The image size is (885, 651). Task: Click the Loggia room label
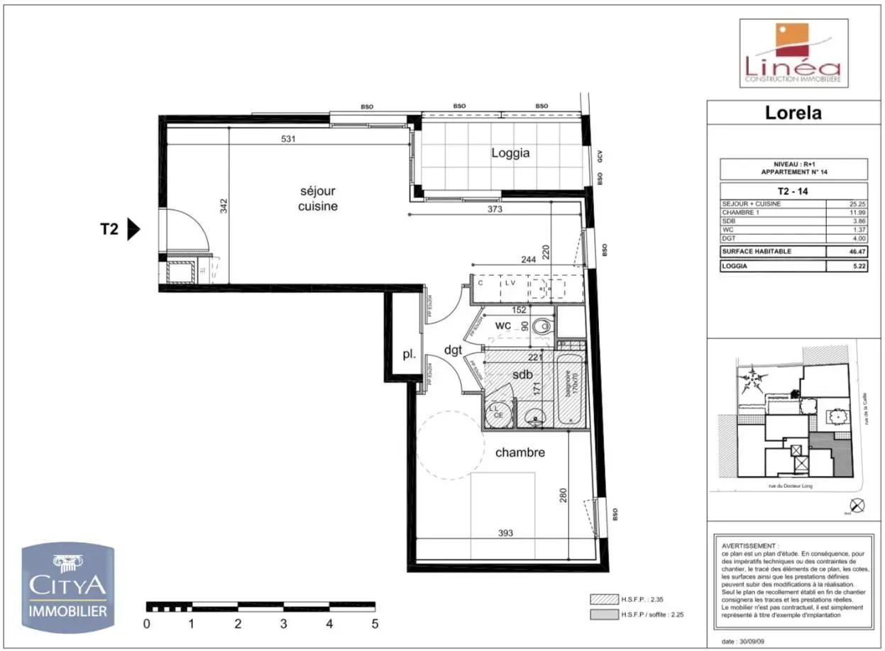[510, 152]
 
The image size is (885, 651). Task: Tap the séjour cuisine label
[317, 199]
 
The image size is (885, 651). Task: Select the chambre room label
[520, 452]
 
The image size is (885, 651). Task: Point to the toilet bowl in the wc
[542, 327]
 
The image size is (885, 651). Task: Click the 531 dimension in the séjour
[288, 139]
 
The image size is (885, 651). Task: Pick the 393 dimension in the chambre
[505, 533]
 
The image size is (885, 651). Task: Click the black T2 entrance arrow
[133, 230]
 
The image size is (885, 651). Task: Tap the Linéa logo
[793, 53]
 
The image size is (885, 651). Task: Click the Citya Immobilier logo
[67, 587]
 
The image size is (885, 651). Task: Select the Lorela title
[793, 113]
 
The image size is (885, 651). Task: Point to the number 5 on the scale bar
[375, 625]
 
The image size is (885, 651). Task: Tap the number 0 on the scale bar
[147, 625]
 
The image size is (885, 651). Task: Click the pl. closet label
[409, 355]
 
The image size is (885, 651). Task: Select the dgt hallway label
[454, 349]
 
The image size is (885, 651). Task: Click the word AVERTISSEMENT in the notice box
[749, 547]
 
